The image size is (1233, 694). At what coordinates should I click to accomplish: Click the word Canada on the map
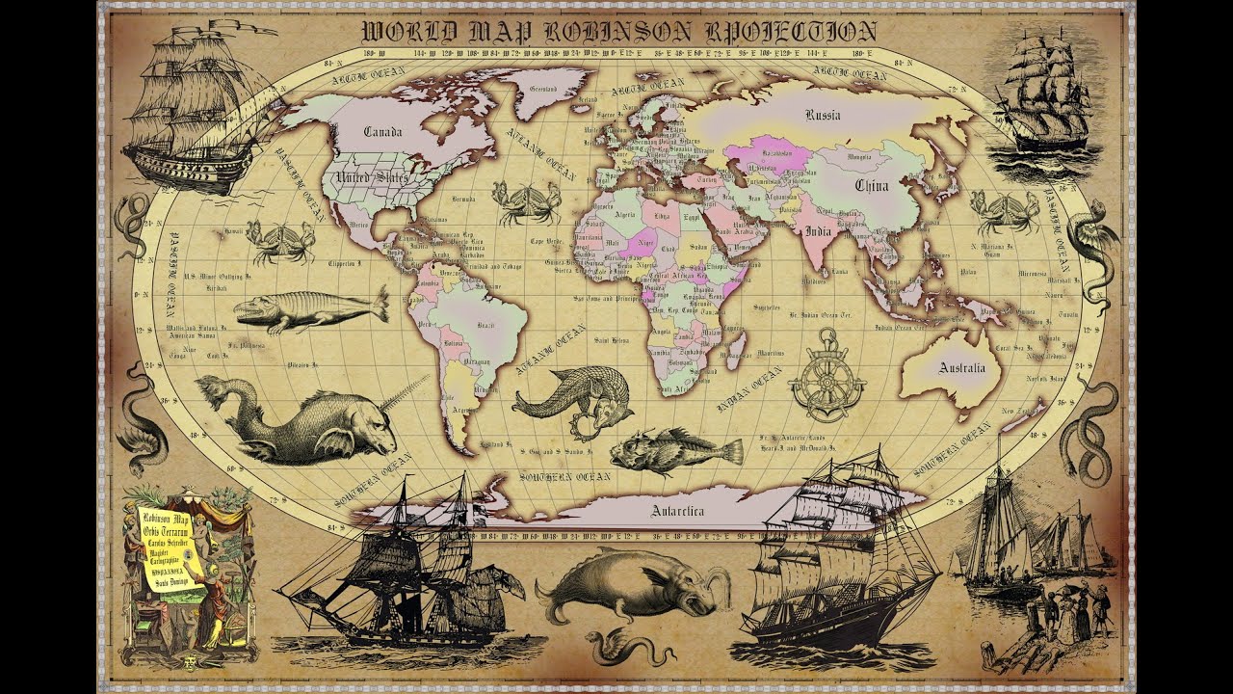tap(382, 132)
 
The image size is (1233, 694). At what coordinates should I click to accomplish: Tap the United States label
tap(370, 178)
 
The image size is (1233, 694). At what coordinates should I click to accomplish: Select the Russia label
tap(822, 116)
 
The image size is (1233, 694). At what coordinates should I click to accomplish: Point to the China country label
tap(871, 185)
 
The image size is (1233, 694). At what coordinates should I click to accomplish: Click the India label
tap(818, 231)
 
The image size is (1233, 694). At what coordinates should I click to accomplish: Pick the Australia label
tap(962, 368)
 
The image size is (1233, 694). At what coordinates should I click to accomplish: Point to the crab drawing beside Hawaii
tap(280, 240)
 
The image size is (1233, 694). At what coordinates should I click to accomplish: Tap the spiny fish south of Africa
tap(674, 452)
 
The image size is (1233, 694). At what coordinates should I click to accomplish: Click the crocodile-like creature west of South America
tap(308, 309)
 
